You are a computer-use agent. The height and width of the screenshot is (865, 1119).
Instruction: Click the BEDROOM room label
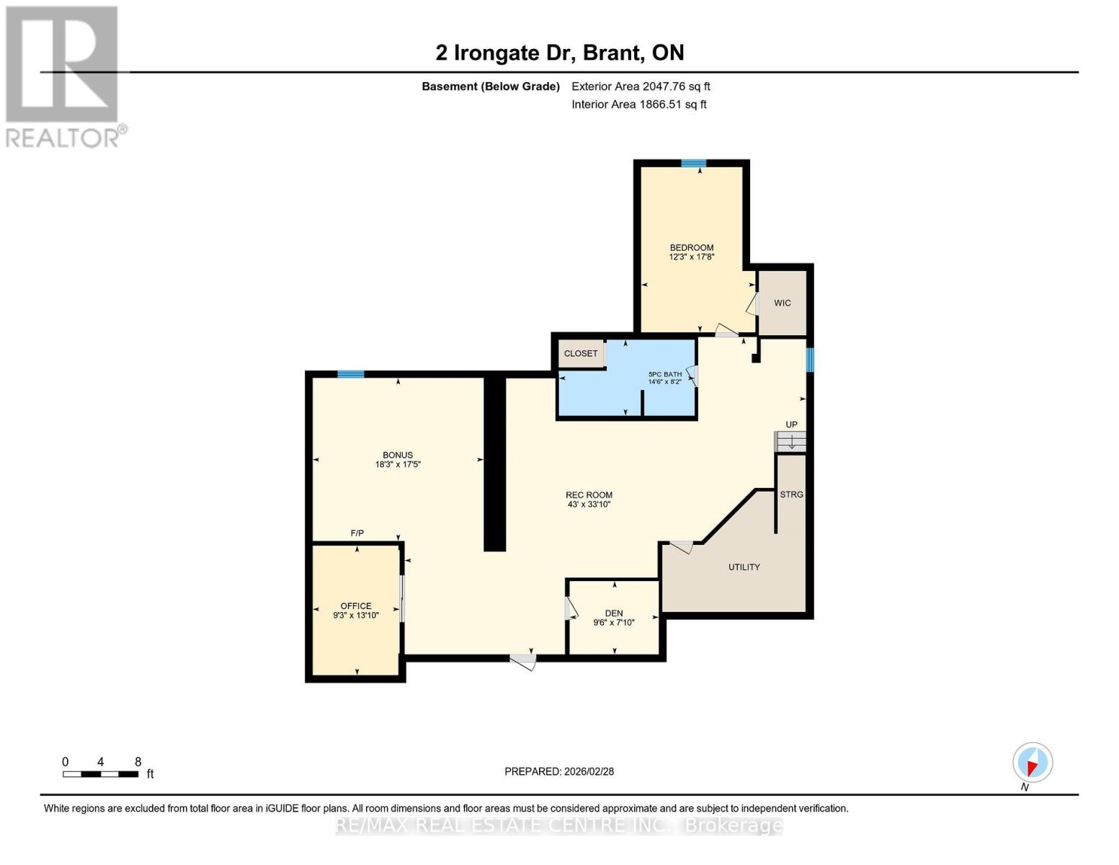[x=691, y=248]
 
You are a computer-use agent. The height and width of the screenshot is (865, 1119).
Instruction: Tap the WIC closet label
[x=782, y=303]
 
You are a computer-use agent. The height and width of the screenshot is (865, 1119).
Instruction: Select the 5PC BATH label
[x=664, y=374]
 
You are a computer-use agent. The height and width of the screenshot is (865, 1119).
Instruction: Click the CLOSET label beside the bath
[x=581, y=353]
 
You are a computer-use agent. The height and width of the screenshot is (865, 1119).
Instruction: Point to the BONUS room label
[x=398, y=455]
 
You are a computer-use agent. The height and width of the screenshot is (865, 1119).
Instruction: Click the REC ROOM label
[x=589, y=495]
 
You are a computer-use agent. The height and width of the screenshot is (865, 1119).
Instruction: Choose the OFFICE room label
[x=356, y=606]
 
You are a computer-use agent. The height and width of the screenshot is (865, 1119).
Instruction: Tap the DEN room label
[x=614, y=613]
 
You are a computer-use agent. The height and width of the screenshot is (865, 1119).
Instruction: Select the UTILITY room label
[x=744, y=567]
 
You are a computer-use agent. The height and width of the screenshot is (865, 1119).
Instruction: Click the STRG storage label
[x=791, y=494]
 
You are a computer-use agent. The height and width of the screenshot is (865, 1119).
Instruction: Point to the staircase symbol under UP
[x=790, y=441]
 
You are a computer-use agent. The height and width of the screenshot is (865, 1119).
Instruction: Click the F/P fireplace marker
[x=357, y=533]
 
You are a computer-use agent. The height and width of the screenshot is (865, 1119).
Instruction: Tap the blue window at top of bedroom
[x=693, y=164]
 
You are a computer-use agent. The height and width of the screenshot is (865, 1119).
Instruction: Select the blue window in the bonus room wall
[x=351, y=374]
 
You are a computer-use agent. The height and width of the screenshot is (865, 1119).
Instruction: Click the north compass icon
[x=1033, y=763]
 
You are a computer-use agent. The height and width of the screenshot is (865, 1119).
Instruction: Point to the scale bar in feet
[x=101, y=774]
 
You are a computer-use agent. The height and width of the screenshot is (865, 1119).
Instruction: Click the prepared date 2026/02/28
[x=559, y=771]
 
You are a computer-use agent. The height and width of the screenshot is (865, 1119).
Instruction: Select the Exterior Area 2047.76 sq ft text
[x=641, y=86]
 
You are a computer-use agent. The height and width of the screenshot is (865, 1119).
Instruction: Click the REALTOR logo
[x=63, y=76]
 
